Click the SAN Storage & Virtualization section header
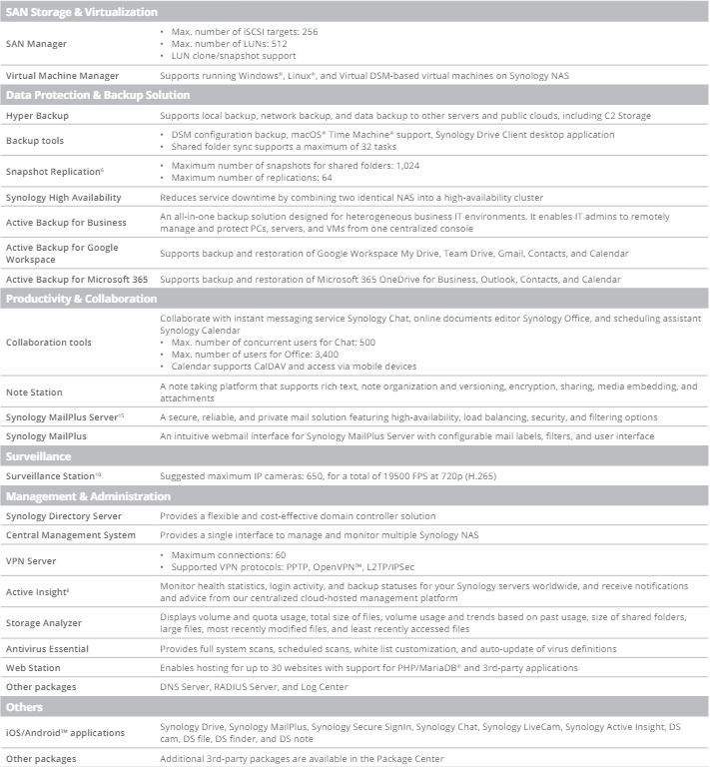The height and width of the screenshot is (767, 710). point(82,12)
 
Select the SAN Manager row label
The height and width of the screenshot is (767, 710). point(38,44)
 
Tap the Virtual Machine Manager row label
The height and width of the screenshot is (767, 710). point(62,76)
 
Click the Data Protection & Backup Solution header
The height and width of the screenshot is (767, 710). point(98,95)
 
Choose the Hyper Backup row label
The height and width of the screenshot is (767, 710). point(37,116)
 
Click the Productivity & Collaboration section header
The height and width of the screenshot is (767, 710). point(81,299)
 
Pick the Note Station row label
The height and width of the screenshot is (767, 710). point(34,392)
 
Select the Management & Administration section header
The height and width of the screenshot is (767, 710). point(88,496)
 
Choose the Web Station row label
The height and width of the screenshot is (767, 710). point(33,668)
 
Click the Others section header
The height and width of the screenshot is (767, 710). point(25,707)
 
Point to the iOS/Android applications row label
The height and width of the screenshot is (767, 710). point(66,733)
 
